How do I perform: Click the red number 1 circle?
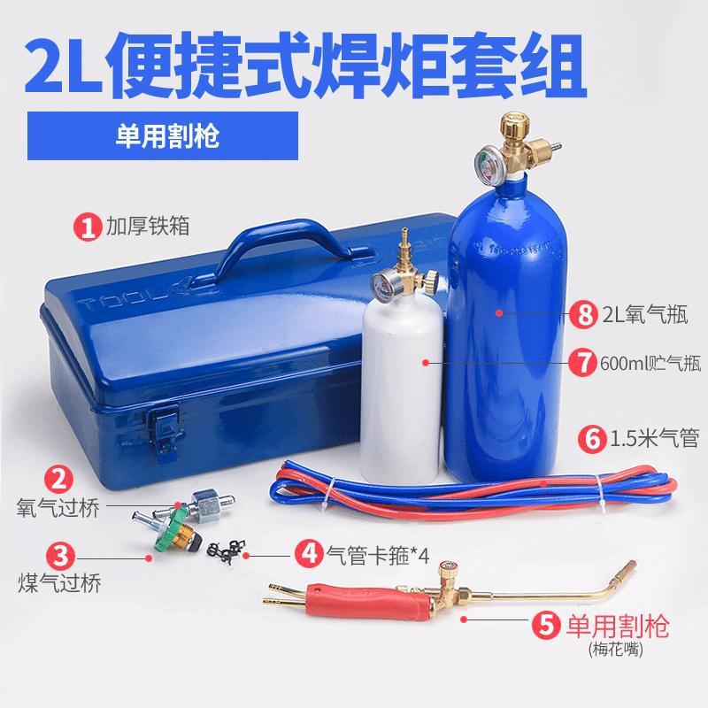[x=88, y=227]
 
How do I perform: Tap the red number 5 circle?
[x=546, y=626]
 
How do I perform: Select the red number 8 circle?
[x=583, y=314]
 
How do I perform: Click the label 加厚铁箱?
[x=148, y=226]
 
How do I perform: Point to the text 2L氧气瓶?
[x=645, y=314]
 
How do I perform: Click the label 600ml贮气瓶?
[x=650, y=363]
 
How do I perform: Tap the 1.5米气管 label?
[x=654, y=438]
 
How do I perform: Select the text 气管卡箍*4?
[x=378, y=554]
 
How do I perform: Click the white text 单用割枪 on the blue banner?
[x=167, y=136]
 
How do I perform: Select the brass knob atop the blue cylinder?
[x=515, y=125]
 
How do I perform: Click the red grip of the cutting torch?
[x=369, y=601]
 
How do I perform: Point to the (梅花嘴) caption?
[x=615, y=650]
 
